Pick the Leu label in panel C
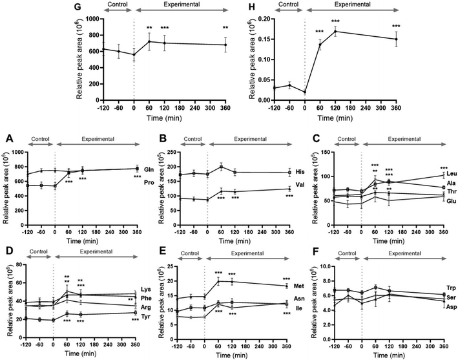450,174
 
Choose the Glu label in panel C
450,202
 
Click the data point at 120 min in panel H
336,32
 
